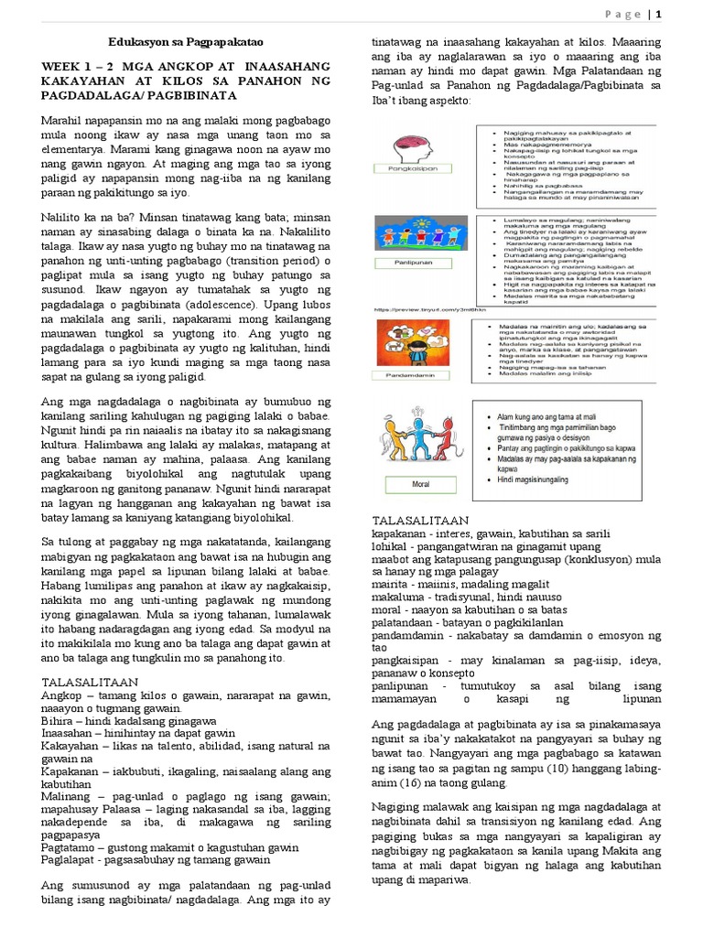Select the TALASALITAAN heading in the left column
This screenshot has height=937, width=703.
90,682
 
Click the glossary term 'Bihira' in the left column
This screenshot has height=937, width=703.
58,721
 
